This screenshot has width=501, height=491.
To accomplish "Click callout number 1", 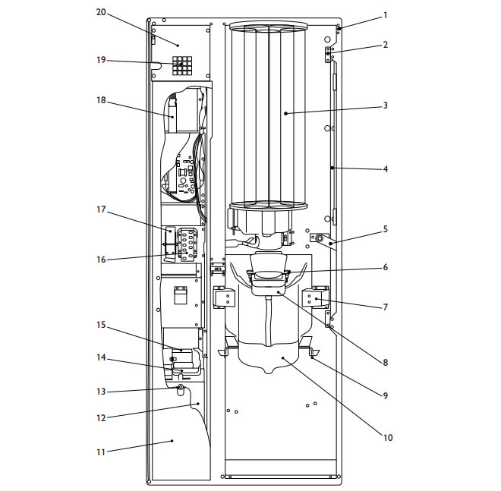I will click(x=385, y=15).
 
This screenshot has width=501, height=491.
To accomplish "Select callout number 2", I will click(x=385, y=45).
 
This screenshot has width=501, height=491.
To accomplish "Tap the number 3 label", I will click(x=385, y=105).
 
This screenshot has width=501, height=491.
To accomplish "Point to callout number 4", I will click(x=385, y=168).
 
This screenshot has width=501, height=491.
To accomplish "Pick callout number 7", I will click(x=385, y=307).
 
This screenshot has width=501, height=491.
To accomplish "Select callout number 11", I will click(x=101, y=452).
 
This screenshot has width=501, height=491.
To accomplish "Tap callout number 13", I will click(x=101, y=392).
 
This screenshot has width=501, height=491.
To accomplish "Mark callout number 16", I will click(x=101, y=260).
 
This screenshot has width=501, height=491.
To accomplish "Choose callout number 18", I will click(x=101, y=99).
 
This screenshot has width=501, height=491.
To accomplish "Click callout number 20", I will click(x=101, y=13).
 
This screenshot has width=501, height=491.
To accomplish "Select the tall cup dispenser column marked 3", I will click(x=267, y=114).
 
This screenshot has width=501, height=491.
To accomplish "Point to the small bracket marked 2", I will click(x=329, y=55).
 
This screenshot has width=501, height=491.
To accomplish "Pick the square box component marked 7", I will click(x=315, y=299).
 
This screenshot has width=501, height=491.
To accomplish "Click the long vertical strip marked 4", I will click(x=332, y=137).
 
